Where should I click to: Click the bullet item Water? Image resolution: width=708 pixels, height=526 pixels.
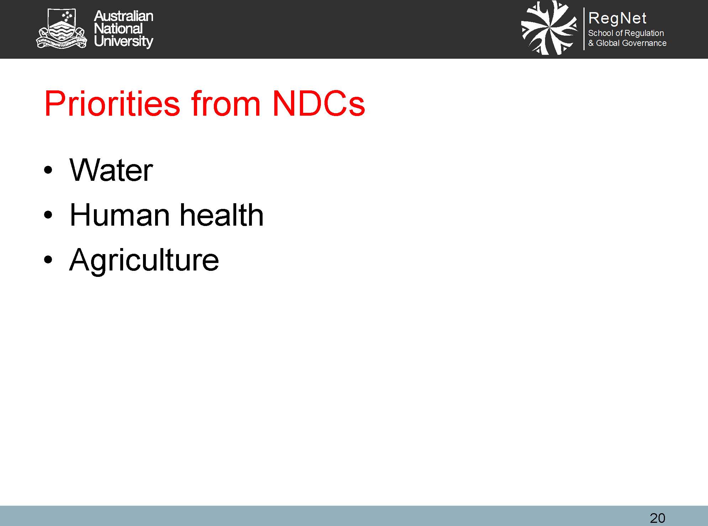coord(111,170)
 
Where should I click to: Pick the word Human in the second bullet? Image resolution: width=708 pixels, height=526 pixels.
coord(120,215)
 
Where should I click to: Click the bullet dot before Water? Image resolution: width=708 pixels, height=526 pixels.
coord(48,170)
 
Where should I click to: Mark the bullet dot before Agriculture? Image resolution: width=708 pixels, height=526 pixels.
coord(48,259)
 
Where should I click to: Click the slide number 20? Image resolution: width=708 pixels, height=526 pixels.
coord(657,518)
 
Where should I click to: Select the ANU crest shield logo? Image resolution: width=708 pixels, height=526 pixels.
coord(62,28)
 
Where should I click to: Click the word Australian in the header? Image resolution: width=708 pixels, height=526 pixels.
coord(123,16)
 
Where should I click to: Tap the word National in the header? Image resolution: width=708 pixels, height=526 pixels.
coord(118,28)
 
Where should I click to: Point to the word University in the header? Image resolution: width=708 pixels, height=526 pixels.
coord(123,41)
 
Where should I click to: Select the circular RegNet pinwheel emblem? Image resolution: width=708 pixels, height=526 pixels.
coord(549,28)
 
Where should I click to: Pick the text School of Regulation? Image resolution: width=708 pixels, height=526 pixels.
coord(626,33)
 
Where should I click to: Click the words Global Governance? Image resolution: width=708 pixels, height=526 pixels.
coord(631,43)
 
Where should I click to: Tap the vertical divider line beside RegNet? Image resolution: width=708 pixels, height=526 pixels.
coord(584,29)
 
